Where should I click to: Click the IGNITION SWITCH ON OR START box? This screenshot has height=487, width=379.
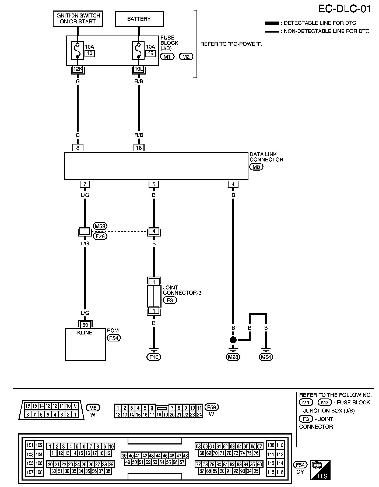pyautogui.click(x=78, y=19)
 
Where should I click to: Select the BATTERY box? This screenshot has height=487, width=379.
pyautogui.click(x=139, y=19)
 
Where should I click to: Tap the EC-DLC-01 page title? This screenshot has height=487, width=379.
pyautogui.click(x=344, y=9)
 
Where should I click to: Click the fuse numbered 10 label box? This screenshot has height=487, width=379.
pyautogui.click(x=90, y=53)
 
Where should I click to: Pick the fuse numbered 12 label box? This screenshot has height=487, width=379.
pyautogui.click(x=151, y=53)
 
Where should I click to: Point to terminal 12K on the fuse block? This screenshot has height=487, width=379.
pyautogui.click(x=78, y=69)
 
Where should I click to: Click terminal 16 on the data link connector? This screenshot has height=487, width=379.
pyautogui.click(x=139, y=147)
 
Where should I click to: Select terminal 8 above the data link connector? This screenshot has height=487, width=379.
pyautogui.click(x=78, y=147)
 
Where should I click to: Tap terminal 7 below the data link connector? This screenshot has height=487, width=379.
pyautogui.click(x=85, y=185)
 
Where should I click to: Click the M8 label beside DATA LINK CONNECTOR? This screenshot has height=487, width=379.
pyautogui.click(x=256, y=167)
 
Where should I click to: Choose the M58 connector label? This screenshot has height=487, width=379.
pyautogui.click(x=100, y=226)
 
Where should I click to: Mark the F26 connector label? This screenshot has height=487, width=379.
pyautogui.click(x=100, y=236)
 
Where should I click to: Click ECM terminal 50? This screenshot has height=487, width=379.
pyautogui.click(x=85, y=325)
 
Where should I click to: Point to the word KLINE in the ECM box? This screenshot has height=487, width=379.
pyautogui.click(x=85, y=333)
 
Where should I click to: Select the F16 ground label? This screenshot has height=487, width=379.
pyautogui.click(x=154, y=357)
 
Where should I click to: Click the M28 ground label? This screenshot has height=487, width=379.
pyautogui.click(x=233, y=357)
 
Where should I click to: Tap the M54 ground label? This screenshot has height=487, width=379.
pyautogui.click(x=266, y=357)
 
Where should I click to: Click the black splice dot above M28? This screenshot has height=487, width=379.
pyautogui.click(x=233, y=340)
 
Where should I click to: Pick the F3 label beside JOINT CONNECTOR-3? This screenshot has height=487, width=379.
pyautogui.click(x=170, y=300)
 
